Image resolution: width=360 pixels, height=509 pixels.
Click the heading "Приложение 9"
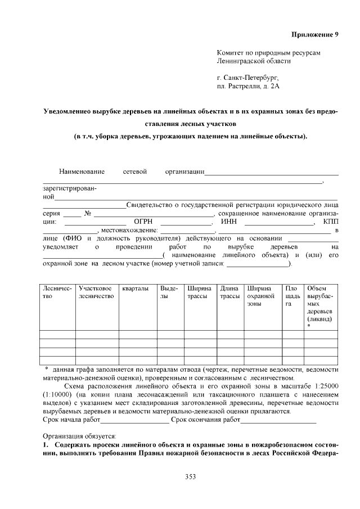[314, 34]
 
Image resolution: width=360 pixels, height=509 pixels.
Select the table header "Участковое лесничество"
[96, 292]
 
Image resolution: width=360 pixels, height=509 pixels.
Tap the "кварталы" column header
[136, 289]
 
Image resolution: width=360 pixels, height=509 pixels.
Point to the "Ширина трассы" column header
[199, 292]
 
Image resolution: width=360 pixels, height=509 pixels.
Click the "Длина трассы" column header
[229, 292]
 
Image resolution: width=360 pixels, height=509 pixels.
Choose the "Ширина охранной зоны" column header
[262, 296]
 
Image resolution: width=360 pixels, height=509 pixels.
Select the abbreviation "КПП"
[330, 222]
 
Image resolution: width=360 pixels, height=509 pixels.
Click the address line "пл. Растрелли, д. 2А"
[247, 87]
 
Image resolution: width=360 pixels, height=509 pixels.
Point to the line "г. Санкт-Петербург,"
[247, 78]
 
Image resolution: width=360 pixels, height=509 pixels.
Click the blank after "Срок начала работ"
[134, 420]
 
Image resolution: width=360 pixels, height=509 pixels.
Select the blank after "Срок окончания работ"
[278, 420]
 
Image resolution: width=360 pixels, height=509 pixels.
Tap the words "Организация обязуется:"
[79, 436]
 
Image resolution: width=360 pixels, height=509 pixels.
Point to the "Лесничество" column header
[57, 292]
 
